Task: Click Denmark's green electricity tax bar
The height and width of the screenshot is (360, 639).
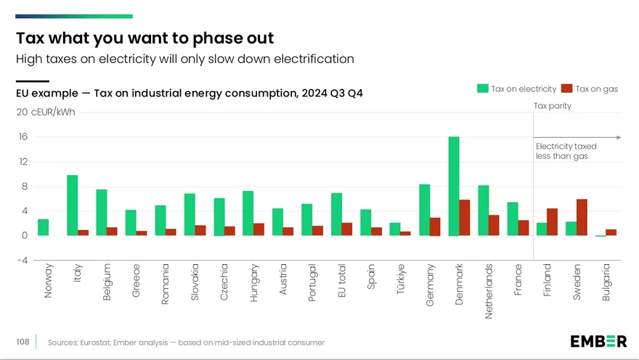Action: point(454,186)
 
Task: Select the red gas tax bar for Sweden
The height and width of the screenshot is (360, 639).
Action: point(582,218)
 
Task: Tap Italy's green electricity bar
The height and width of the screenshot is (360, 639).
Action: point(72,205)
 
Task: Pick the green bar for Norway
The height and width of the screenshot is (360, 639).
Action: point(43,227)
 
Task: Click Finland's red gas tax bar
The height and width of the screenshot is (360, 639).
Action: point(552,222)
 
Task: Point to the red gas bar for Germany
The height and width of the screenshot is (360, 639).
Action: point(435,227)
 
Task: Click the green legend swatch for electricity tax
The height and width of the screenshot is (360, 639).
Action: point(482,89)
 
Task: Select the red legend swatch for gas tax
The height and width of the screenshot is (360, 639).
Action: point(567,89)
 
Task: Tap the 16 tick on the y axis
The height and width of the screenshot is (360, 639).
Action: point(23,137)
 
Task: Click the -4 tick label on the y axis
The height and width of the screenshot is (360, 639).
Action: point(23,261)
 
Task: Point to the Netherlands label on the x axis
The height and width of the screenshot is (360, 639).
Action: point(489,291)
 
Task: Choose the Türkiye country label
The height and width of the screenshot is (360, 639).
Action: point(401,279)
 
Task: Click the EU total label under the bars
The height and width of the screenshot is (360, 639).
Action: point(342,281)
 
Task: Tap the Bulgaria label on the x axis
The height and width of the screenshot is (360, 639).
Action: point(606,282)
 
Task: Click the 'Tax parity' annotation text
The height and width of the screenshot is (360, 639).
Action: point(553,106)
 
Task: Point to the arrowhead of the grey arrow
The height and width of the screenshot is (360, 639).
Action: point(619,138)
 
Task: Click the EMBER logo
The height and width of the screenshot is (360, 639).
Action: point(598,341)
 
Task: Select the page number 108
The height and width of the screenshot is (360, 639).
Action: point(23,342)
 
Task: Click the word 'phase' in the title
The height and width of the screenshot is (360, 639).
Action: point(218,38)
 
